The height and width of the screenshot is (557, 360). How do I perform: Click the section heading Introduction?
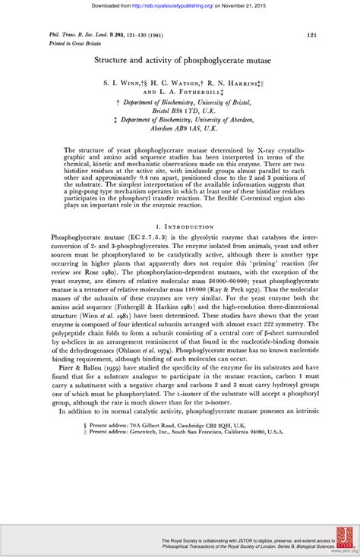[185, 227]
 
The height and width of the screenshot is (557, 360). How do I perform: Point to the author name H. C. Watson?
[188, 79]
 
